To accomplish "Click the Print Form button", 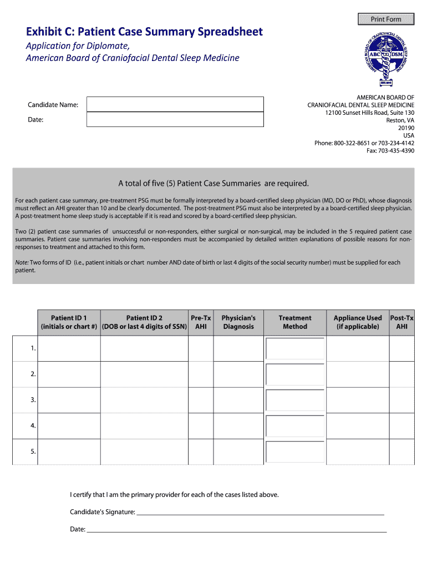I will (x=386, y=19).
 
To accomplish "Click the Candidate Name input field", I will (x=175, y=104).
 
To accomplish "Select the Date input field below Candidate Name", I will (x=175, y=119).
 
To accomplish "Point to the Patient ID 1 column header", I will (x=69, y=322).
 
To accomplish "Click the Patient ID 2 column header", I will (x=144, y=322).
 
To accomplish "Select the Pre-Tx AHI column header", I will (x=201, y=322).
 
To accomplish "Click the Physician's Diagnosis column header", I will (x=238, y=322).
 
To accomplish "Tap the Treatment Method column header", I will (x=295, y=322).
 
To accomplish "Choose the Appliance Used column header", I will (x=358, y=322).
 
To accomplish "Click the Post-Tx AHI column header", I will (x=402, y=322).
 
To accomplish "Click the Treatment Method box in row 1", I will (x=295, y=348).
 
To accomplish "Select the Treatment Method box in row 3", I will (x=295, y=400).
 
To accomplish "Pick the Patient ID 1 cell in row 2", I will (x=69, y=374).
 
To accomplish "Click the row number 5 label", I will (x=33, y=452).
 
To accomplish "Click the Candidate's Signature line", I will (x=261, y=512).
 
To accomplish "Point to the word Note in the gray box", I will (x=22, y=262).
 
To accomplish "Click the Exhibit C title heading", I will (x=145, y=32).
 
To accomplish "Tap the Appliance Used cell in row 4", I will (x=358, y=426).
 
